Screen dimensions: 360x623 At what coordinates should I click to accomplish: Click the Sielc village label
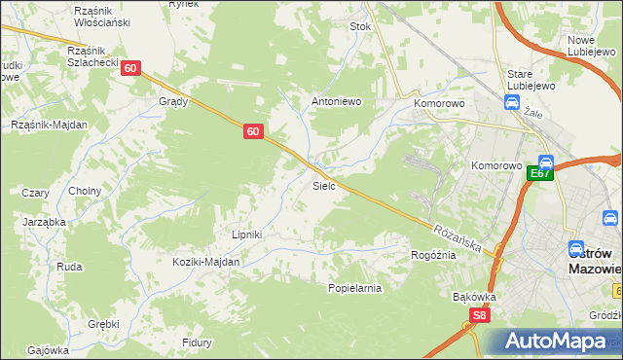324,185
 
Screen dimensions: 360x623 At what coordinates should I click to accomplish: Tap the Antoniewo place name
336,101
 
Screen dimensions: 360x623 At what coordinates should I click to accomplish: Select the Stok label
361,27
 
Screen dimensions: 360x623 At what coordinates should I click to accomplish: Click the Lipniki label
247,234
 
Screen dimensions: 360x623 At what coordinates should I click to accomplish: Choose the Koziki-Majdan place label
205,262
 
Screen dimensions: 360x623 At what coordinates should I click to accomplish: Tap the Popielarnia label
354,288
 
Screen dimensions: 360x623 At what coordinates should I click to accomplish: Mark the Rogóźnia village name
433,255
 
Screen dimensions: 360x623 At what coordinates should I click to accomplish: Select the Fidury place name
198,342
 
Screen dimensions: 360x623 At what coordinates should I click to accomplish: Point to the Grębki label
103,324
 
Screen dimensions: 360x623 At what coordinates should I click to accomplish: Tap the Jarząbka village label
44,222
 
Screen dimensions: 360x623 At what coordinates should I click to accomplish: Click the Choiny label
85,192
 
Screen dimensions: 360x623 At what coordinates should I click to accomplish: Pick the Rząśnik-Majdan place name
49,125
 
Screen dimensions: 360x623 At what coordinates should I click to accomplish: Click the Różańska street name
458,237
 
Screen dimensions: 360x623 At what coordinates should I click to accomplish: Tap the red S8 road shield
479,315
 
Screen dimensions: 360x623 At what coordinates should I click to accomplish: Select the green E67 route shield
541,174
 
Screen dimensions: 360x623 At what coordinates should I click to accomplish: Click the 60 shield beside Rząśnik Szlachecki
132,68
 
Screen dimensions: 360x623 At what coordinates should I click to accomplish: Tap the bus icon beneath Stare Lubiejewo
511,101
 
